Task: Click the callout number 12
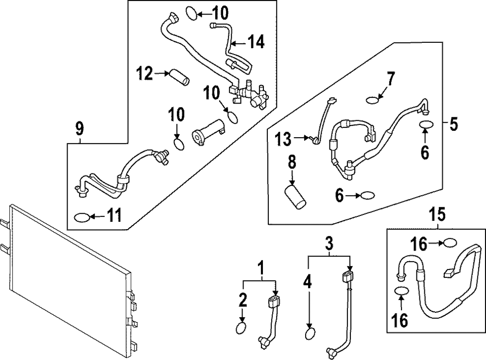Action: (145, 74)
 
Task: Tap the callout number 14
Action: (255, 42)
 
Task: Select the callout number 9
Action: (79, 129)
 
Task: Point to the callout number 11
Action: (115, 215)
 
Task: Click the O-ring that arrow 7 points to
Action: (372, 100)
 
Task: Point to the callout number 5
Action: (453, 125)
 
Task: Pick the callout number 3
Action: (329, 241)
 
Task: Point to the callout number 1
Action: (261, 267)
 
